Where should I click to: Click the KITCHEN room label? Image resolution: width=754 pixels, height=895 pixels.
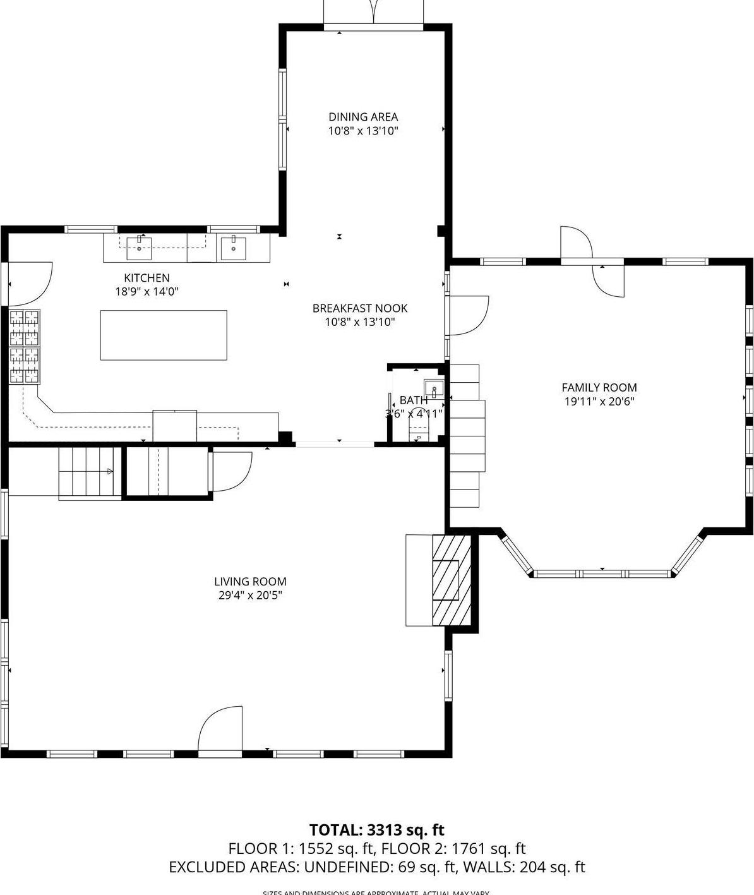click(x=147, y=278)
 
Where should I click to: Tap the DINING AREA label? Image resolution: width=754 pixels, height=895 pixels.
click(x=363, y=117)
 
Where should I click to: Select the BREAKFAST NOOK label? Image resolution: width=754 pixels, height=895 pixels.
click(x=360, y=308)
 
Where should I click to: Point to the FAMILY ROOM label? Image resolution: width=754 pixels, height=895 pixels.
click(x=599, y=388)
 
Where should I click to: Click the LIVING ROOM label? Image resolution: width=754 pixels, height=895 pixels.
click(x=250, y=582)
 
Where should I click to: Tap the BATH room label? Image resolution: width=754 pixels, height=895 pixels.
click(x=414, y=400)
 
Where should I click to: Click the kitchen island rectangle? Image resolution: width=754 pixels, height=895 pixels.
click(x=164, y=335)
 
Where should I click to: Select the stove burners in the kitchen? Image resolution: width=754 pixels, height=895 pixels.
click(x=25, y=347)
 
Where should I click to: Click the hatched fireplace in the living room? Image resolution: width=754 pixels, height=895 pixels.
click(x=452, y=580)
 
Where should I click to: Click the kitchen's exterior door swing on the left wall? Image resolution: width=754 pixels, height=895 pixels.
click(x=28, y=284)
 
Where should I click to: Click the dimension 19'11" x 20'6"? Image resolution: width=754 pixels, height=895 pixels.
click(x=599, y=402)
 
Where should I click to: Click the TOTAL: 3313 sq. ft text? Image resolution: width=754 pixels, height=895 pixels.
click(x=377, y=830)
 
